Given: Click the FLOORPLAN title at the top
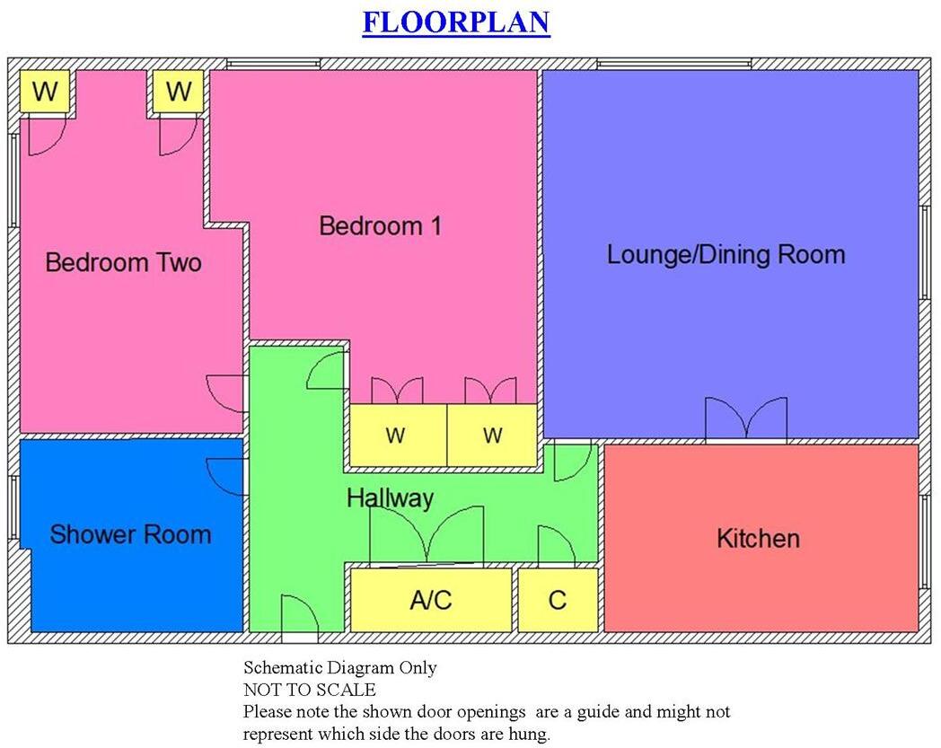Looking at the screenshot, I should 455,22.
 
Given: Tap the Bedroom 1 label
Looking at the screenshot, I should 380,225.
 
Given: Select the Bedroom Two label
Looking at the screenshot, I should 123,263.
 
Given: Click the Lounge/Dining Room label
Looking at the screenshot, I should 726,254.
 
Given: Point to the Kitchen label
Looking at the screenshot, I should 758,539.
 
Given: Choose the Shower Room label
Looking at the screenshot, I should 130,535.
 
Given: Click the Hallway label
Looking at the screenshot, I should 390,498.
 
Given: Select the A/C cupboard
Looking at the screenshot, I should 430,600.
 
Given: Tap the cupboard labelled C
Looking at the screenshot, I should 558,600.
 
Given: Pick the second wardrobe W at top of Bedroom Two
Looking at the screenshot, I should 178,92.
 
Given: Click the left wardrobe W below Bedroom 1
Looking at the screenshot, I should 395,436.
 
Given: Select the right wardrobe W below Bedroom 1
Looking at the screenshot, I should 492,436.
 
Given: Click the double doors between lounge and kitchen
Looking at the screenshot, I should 745,420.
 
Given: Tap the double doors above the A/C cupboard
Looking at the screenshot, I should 428,537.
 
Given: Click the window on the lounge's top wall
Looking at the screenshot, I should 673,64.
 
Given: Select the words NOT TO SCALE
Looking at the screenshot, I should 309,691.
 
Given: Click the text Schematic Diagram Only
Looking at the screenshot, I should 339,668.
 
